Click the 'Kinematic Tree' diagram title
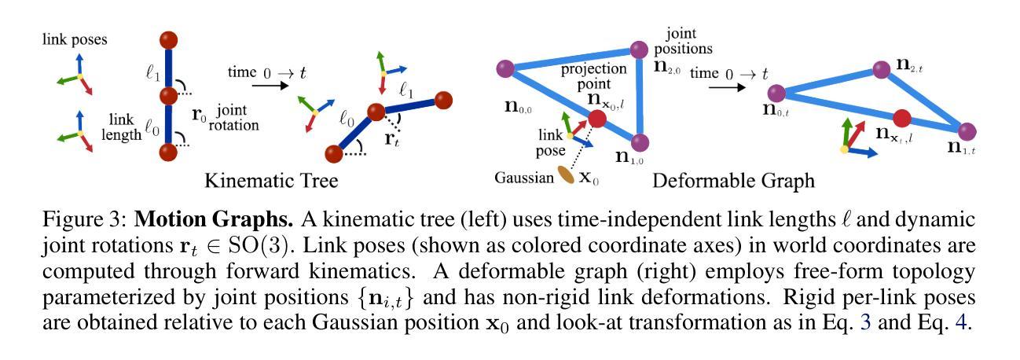pyautogui.click(x=271, y=181)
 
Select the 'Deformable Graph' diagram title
pyautogui.click(x=733, y=181)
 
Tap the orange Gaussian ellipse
pyautogui.click(x=566, y=175)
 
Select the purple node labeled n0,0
pyautogui.click(x=504, y=68)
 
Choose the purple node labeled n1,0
pyautogui.click(x=640, y=142)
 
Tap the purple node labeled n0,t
pyautogui.click(x=778, y=94)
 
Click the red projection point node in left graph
pyautogui.click(x=597, y=119)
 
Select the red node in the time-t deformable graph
pyautogui.click(x=902, y=118)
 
